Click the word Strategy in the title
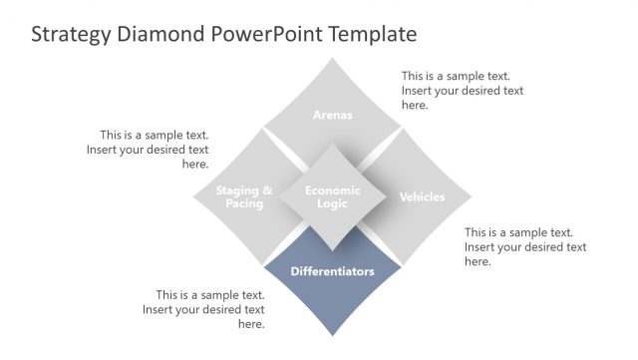coord(68,35)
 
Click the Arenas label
coord(333,115)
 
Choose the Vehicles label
coord(422,197)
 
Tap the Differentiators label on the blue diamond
coord(333,271)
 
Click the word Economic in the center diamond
coord(333,189)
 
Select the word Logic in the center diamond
coord(333,203)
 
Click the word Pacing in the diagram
coord(244,204)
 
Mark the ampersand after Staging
coord(266,190)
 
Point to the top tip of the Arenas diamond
coord(333,59)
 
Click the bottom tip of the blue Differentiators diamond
coord(333,337)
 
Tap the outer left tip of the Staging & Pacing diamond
coord(193,197)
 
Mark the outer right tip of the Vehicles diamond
coord(472,197)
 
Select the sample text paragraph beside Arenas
coord(462,90)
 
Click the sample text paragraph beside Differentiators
coord(203,309)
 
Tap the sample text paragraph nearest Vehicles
coord(524,246)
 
